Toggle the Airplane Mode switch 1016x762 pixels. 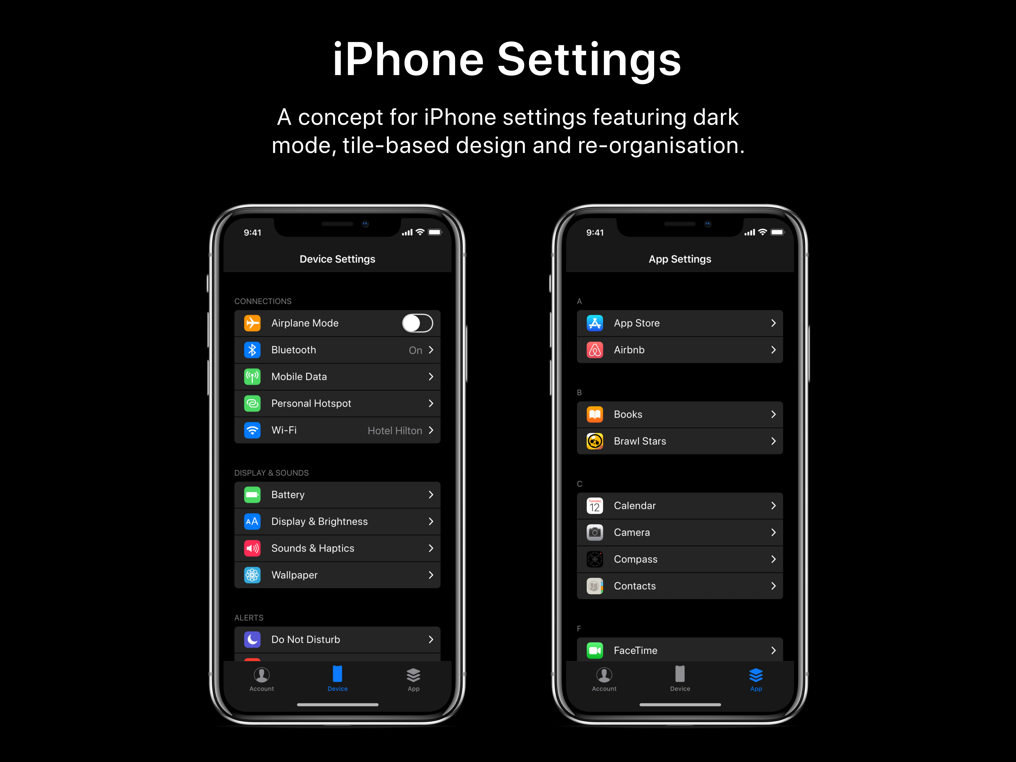(x=417, y=323)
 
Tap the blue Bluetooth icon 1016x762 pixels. (x=252, y=350)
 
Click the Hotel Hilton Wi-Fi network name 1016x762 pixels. (x=395, y=430)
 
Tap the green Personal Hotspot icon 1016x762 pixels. (x=252, y=403)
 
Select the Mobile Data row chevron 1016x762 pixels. (x=431, y=377)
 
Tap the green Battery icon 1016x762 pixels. (x=252, y=495)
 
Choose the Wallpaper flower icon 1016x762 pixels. (x=252, y=575)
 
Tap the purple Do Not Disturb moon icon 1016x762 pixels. (x=252, y=639)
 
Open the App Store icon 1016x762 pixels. (x=595, y=323)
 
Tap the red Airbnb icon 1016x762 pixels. (x=595, y=350)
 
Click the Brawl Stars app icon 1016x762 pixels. (x=595, y=441)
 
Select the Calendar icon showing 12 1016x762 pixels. (x=595, y=506)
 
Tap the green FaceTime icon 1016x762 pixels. (x=595, y=650)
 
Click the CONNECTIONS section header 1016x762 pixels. (x=263, y=301)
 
